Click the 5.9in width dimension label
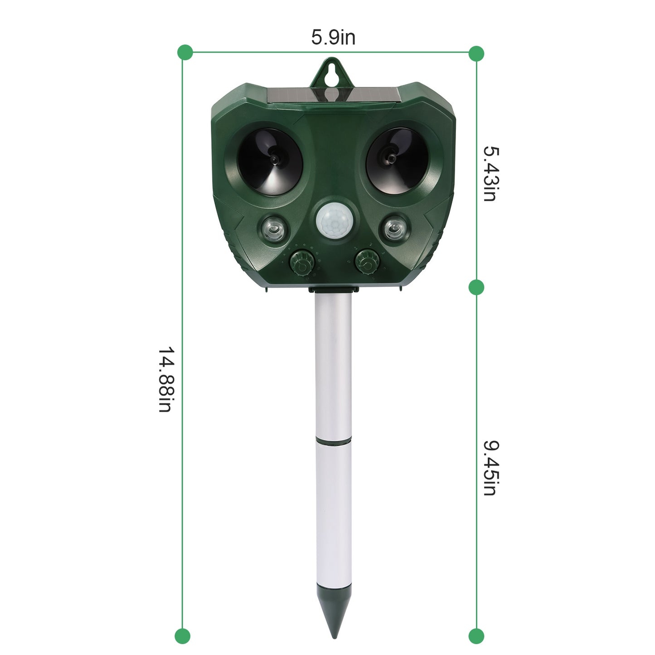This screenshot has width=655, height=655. coord(333,37)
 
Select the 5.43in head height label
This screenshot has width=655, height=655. coord(490,173)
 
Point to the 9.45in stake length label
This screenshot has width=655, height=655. coord(490,467)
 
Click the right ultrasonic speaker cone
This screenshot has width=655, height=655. coord(391,160)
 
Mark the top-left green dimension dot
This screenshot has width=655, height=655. coord(185,53)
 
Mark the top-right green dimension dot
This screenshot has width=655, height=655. coord(476,53)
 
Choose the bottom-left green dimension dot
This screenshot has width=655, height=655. coord(183,636)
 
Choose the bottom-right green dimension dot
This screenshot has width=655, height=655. coord(476,636)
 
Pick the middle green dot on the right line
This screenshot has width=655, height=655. coord(476,287)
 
